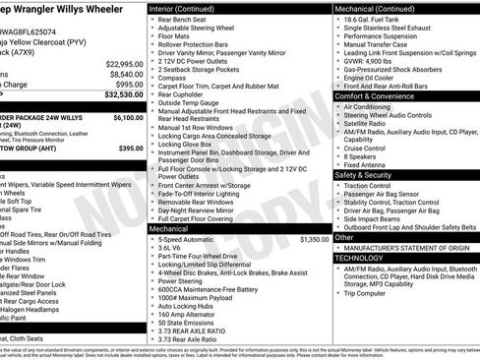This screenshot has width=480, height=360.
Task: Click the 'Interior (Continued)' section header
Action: pyautogui.click(x=180, y=7)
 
